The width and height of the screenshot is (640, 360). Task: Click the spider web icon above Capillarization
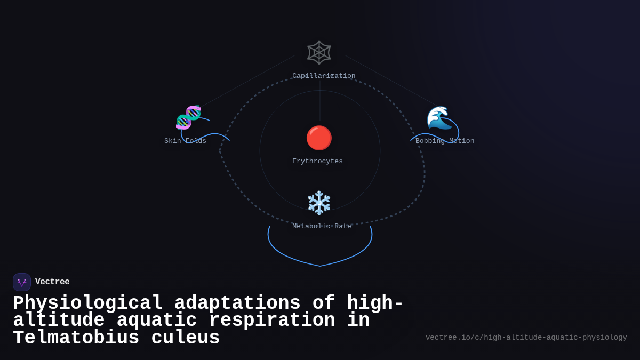319,52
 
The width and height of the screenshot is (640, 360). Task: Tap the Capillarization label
324,76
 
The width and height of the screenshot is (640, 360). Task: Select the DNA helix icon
188,117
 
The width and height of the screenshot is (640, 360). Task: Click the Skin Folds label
185,141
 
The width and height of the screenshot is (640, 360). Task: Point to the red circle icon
319,138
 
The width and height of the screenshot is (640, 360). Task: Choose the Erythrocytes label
317,161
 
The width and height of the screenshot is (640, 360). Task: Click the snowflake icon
319,203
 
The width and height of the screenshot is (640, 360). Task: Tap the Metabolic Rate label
322,226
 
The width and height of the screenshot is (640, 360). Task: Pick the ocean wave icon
439,118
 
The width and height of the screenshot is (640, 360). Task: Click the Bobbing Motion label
445,141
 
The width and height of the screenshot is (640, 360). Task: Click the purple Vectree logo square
22,282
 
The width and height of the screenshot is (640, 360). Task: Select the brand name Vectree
52,282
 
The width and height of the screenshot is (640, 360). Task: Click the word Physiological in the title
87,303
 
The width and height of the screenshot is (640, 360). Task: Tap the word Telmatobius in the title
76,338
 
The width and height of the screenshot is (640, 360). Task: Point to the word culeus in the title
186,338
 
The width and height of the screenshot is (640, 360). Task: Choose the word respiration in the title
271,321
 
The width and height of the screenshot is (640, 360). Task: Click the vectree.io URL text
526,338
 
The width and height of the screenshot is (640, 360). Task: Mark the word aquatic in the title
156,321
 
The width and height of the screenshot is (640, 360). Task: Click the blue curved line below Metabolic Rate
320,265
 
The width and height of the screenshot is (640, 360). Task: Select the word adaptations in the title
237,303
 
